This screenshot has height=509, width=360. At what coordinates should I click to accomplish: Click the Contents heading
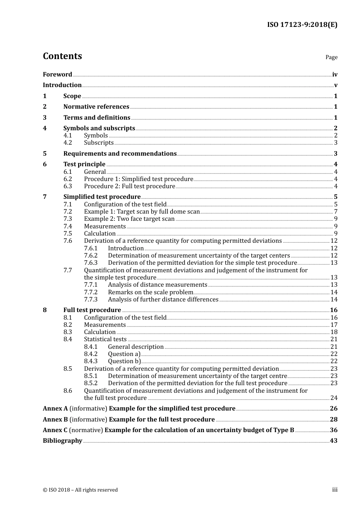(62, 56)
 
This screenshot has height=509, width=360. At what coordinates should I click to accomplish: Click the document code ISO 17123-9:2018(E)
(302, 25)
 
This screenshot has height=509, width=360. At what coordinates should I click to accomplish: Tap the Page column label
(331, 57)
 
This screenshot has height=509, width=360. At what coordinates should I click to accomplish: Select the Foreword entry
(57, 75)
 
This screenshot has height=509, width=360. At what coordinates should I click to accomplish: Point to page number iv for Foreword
(335, 75)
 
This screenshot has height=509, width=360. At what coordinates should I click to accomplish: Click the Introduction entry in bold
(62, 85)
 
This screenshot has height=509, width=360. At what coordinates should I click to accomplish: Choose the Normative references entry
(96, 107)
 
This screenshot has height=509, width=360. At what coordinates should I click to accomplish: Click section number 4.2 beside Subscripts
(67, 143)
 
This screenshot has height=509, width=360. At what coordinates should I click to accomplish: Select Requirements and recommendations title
(120, 154)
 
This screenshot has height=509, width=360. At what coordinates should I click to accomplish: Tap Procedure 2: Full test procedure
(129, 186)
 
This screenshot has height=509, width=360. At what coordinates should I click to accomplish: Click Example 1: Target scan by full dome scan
(142, 212)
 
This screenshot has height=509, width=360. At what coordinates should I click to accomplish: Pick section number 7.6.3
(91, 263)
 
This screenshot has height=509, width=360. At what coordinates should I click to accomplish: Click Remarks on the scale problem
(150, 292)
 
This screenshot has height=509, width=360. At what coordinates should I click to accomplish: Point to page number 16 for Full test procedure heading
(333, 310)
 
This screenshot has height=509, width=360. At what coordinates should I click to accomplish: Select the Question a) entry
(124, 354)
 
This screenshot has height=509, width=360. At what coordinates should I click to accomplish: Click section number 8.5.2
(91, 383)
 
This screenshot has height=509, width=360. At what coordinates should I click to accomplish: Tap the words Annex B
(55, 420)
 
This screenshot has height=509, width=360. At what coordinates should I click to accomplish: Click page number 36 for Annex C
(333, 430)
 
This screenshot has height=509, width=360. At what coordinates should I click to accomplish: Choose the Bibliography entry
(63, 441)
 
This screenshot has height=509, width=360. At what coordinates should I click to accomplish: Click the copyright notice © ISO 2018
(80, 490)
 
